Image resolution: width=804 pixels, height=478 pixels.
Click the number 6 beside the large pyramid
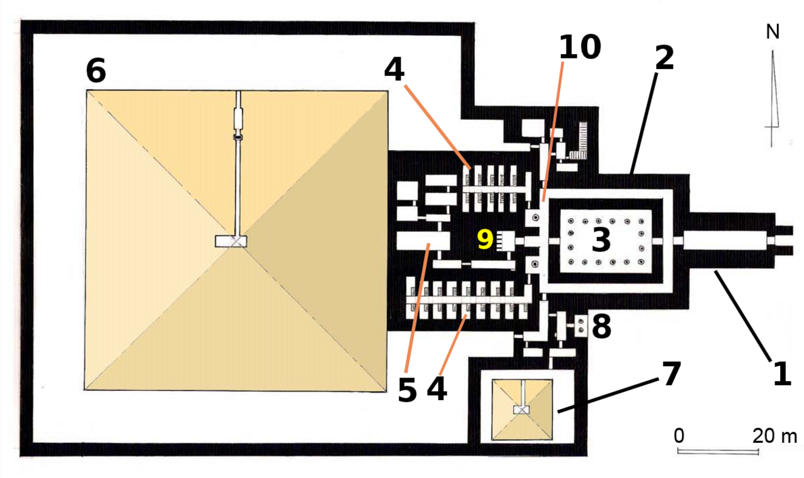coord(96,70)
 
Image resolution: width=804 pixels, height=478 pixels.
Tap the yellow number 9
coord(485,239)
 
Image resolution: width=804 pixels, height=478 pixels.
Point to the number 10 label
coord(580,46)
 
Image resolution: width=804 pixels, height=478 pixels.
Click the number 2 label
coord(665,57)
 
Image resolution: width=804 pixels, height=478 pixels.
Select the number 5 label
coord(408,390)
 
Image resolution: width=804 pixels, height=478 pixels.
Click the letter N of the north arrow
coord(773,31)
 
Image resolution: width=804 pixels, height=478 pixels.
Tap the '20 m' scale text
coord(774,436)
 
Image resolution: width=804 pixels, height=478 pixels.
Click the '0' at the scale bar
coord(679,436)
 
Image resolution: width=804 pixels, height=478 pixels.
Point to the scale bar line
coord(718,452)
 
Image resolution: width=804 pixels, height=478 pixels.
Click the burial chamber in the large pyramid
coord(231,241)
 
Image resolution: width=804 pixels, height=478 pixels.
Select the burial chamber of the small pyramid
coord(521,410)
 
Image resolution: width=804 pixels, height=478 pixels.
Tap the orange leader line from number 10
coord(553,132)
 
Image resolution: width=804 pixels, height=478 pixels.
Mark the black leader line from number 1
coord(742,316)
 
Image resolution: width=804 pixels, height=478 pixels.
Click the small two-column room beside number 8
coord(581,326)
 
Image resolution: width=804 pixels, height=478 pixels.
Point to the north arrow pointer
coord(773,99)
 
